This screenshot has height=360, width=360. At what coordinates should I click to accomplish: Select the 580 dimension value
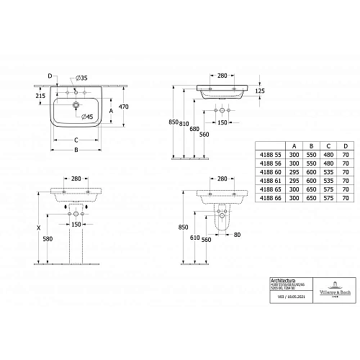pos(48,239)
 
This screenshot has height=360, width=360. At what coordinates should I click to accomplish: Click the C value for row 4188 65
pos(328,188)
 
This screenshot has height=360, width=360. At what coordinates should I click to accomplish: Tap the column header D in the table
pos(346,145)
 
